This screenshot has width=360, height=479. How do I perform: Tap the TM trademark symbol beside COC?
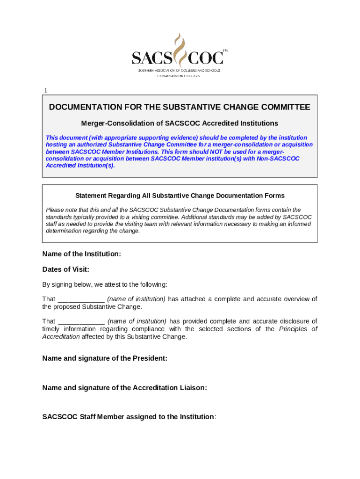click(x=225, y=50)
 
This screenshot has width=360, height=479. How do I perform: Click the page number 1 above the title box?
click(x=46, y=91)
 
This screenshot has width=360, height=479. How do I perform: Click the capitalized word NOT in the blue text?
click(x=227, y=152)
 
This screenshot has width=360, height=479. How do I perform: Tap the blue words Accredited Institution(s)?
click(x=80, y=166)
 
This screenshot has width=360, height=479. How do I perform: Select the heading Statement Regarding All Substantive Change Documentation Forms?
click(x=180, y=196)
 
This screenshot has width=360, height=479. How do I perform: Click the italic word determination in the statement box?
click(x=62, y=231)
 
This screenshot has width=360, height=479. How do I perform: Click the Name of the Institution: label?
click(x=82, y=254)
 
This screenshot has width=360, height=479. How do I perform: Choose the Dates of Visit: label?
click(x=66, y=269)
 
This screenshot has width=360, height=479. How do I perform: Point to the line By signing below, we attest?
click(x=105, y=284)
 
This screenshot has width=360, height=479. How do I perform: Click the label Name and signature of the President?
click(x=105, y=358)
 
